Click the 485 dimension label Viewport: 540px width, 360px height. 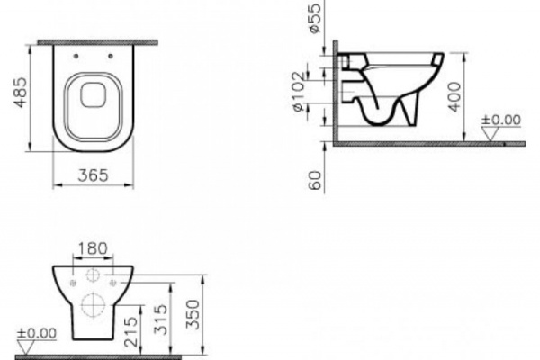point(21,93)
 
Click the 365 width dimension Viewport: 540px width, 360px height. point(93,175)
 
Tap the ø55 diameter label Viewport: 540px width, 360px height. point(315,18)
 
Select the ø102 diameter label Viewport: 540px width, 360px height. point(299,91)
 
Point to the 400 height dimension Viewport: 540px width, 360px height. point(454,97)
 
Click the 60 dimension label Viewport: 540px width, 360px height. point(316,181)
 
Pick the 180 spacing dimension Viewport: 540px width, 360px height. point(93,248)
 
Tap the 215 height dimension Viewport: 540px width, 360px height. point(130,332)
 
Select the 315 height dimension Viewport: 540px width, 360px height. point(161,319)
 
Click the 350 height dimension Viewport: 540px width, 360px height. point(193,314)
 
